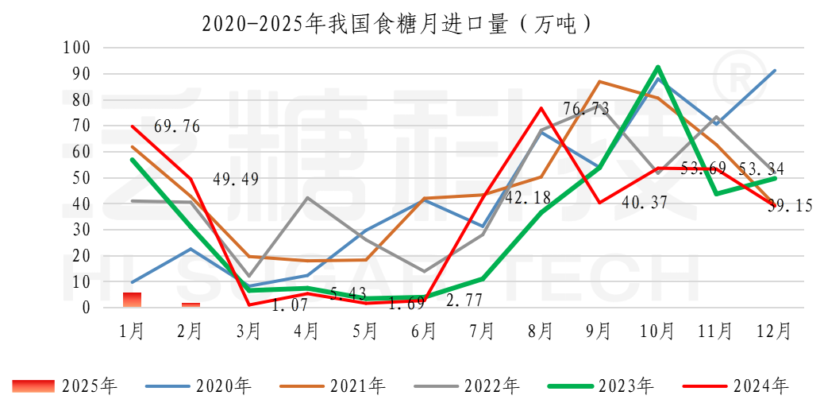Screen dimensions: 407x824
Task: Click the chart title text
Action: click(x=398, y=23)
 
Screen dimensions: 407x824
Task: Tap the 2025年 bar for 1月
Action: click(x=132, y=300)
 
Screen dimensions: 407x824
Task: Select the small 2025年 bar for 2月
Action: click(x=191, y=304)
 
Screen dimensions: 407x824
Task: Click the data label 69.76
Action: click(x=176, y=126)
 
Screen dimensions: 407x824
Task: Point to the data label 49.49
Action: click(x=236, y=179)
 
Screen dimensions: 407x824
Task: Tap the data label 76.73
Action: click(x=586, y=109)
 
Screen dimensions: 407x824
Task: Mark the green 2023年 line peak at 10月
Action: click(x=658, y=67)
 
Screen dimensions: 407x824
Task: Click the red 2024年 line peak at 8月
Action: click(x=541, y=108)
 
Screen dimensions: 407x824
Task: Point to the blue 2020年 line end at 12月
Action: click(x=775, y=71)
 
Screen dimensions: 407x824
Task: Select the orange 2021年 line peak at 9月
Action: click(x=599, y=82)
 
